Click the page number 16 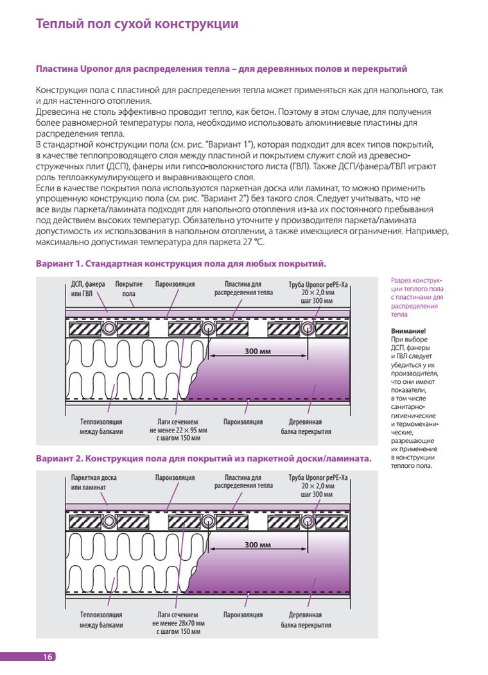pos(48,656)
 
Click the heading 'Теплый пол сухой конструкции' pos(137,24)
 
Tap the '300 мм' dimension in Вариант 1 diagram pos(257,351)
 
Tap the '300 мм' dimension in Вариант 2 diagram pos(257,544)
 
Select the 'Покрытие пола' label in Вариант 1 pos(128,289)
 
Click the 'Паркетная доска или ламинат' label pos(94,483)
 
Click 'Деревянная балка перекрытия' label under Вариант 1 pos(306,427)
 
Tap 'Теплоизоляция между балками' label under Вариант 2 pos(101,620)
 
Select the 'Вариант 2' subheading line pos(204,459)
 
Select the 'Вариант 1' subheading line pos(181,264)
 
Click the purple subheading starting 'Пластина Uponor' pos(221,69)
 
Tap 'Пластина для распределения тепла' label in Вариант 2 pos(243,483)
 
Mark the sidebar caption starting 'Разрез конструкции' pos(417,297)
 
